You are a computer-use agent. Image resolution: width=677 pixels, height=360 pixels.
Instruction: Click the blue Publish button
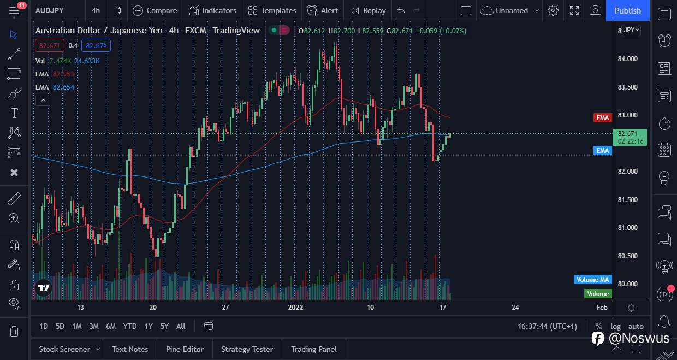(627, 10)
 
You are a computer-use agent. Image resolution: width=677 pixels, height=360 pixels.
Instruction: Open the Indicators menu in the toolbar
(213, 10)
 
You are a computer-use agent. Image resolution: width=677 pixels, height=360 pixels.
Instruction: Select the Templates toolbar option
(272, 10)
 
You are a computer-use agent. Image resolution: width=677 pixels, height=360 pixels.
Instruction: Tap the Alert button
(323, 10)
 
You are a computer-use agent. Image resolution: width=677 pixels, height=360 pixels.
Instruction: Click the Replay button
(368, 10)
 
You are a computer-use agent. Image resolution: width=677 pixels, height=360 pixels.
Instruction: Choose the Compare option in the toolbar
(155, 10)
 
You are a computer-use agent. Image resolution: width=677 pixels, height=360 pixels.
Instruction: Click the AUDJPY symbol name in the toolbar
(49, 10)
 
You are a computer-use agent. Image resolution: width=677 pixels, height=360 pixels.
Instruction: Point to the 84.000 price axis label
(627, 59)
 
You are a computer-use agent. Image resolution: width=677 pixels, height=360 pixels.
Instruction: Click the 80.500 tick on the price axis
(627, 256)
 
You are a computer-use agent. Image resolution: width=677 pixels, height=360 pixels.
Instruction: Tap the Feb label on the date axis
(602, 308)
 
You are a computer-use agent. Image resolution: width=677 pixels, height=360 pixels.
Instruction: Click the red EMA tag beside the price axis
(602, 118)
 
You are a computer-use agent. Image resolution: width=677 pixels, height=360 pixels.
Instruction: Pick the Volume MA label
(592, 280)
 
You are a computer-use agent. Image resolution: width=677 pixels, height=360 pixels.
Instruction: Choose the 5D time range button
(60, 326)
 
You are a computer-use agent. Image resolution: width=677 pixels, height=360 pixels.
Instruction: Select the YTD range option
(129, 326)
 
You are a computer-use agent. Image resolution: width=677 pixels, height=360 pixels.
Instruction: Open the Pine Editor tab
(185, 349)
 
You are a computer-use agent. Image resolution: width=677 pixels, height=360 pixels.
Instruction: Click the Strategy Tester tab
(247, 349)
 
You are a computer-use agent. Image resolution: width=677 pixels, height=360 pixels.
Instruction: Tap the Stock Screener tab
(64, 349)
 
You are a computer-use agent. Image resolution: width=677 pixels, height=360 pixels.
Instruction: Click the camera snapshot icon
(596, 10)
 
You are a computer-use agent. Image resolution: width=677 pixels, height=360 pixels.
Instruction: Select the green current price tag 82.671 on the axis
(631, 137)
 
